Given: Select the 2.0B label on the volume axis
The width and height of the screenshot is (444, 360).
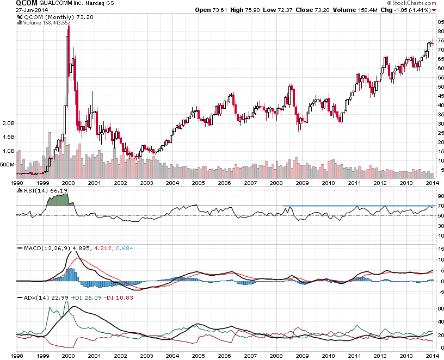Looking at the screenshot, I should point(9,123).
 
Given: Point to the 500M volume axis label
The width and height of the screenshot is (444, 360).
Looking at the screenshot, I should point(8,164).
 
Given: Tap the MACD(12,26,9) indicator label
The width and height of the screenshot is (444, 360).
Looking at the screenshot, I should point(43,249).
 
